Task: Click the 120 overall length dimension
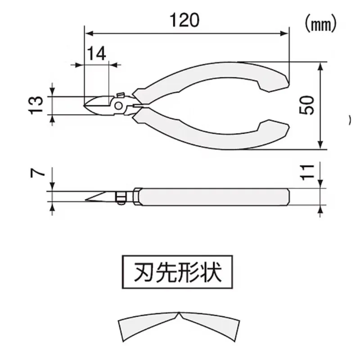(184, 20)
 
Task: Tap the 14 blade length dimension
(96, 54)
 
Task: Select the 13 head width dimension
(36, 105)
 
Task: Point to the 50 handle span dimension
(306, 105)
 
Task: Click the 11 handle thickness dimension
(307, 172)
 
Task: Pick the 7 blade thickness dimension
(37, 172)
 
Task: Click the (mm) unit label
(320, 23)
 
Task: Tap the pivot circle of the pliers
(118, 106)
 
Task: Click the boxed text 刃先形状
(178, 272)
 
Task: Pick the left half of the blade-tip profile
(147, 325)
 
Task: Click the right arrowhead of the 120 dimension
(284, 33)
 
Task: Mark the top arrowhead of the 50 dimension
(320, 67)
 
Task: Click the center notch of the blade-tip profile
(179, 314)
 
